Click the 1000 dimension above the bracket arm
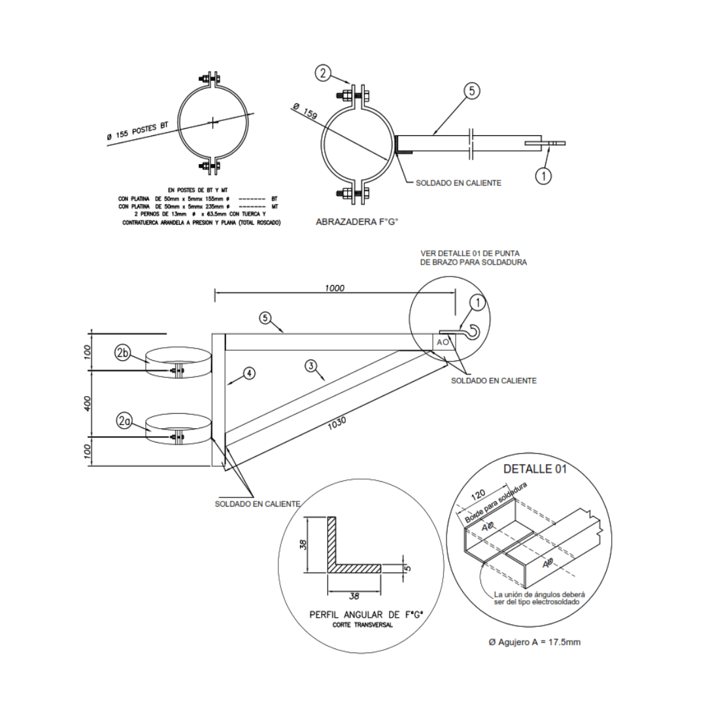click(x=334, y=288)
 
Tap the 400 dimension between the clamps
click(x=87, y=403)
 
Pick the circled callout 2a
click(x=124, y=421)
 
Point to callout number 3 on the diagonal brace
click(x=312, y=366)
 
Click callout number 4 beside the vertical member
click(x=248, y=373)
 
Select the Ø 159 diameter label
click(x=305, y=112)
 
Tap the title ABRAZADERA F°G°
click(x=357, y=222)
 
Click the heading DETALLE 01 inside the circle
click(x=535, y=469)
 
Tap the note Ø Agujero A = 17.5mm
click(x=534, y=642)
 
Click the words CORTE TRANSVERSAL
click(x=362, y=626)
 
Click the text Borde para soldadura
click(x=496, y=503)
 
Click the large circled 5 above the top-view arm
click(x=471, y=92)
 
